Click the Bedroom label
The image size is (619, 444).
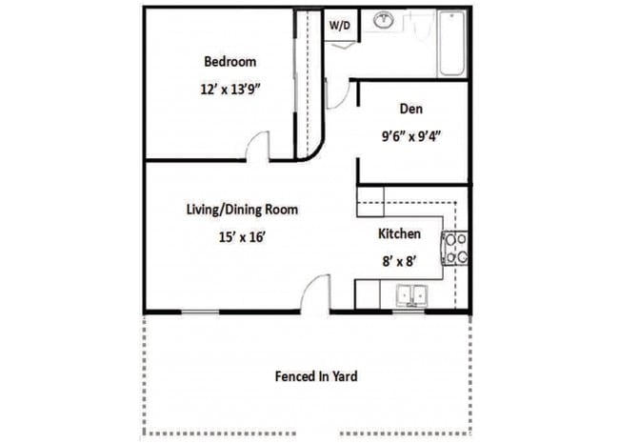tap(230, 62)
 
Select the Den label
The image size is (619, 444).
tap(411, 109)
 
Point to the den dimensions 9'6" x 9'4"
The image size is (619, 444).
tap(410, 135)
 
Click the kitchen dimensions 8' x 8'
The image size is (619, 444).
tap(398, 257)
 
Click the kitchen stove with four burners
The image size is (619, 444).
tap(455, 248)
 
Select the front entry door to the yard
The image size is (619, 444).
tap(313, 293)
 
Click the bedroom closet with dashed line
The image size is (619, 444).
tap(306, 86)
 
